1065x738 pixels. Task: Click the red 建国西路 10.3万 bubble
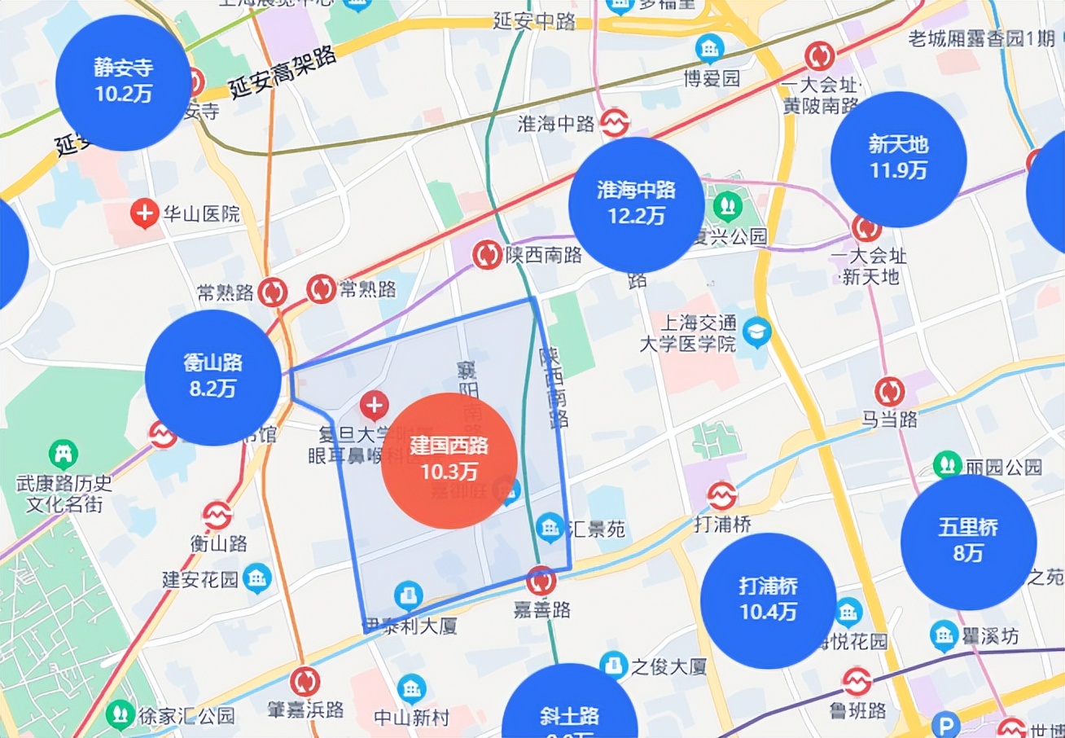click(x=449, y=460)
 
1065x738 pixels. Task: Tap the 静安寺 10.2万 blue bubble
click(x=123, y=82)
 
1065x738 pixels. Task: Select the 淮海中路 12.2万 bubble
click(x=636, y=204)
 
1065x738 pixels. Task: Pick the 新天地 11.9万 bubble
click(x=898, y=159)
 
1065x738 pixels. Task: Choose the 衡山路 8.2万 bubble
click(x=213, y=377)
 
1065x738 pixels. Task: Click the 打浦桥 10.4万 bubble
click(x=768, y=600)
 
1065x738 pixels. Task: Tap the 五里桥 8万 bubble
click(x=968, y=542)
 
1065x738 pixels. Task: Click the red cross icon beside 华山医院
click(x=144, y=214)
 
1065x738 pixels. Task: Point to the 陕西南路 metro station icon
click(x=487, y=255)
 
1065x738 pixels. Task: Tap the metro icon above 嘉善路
click(x=541, y=581)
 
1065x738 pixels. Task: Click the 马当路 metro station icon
click(x=889, y=392)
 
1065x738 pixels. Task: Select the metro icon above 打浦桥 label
click(x=721, y=495)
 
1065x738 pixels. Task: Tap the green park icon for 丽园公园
click(x=946, y=464)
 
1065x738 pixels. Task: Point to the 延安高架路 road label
click(x=282, y=72)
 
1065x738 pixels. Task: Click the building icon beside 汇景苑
click(x=550, y=526)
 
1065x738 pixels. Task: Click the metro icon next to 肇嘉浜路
click(x=305, y=682)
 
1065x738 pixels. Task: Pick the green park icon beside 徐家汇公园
click(x=121, y=714)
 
